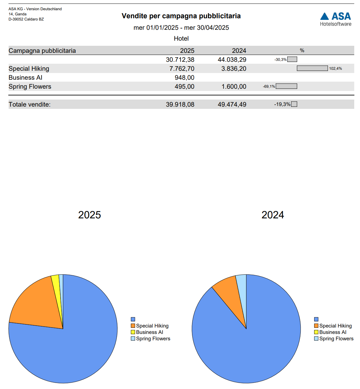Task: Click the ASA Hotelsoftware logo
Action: click(335, 19)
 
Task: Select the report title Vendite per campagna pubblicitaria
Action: click(181, 16)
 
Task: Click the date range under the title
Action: click(181, 28)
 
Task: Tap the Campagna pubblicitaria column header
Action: click(42, 51)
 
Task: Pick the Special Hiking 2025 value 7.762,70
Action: click(182, 69)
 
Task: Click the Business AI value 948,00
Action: click(184, 77)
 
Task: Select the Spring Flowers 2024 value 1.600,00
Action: click(234, 86)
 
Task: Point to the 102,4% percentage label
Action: click(335, 69)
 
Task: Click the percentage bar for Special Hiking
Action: click(312, 68)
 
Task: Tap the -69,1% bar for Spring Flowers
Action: click(286, 86)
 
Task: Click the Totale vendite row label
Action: click(29, 104)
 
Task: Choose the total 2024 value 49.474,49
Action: click(232, 104)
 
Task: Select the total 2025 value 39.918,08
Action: click(180, 104)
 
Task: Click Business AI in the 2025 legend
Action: click(149, 332)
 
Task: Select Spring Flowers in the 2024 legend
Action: click(336, 339)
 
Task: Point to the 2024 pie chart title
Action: click(272, 215)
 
